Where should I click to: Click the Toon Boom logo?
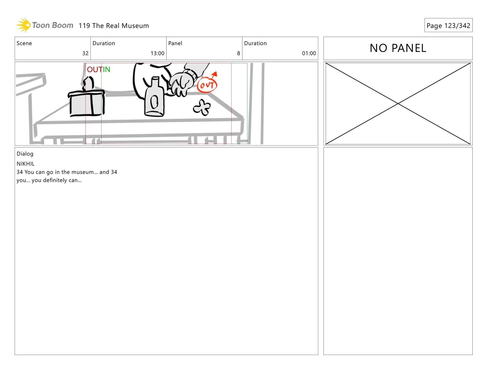tap(44, 25)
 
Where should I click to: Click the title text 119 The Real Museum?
tap(114, 26)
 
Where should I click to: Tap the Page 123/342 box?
tap(448, 25)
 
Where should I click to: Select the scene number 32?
tap(85, 53)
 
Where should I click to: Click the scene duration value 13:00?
tap(157, 53)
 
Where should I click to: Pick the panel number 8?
tap(239, 53)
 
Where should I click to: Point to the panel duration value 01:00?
tap(309, 53)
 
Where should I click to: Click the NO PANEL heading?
tap(398, 48)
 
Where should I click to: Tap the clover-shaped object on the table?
tap(202, 107)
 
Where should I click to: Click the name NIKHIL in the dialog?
tap(25, 164)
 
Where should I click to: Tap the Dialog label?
tap(25, 154)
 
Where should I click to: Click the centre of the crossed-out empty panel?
tap(398, 104)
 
